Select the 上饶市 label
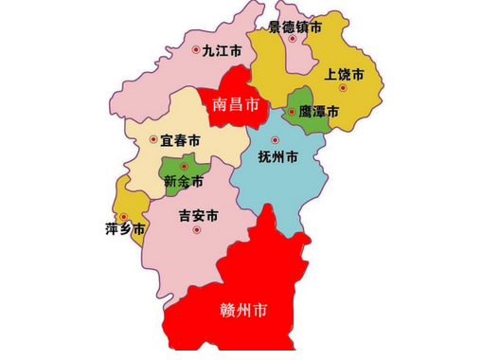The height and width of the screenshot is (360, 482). (345, 73)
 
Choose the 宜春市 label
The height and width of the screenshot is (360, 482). (180, 140)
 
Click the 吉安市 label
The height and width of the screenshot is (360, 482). (199, 216)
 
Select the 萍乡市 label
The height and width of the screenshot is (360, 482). (125, 229)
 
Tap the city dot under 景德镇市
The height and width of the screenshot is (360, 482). (287, 43)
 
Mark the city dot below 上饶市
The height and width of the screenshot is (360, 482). (345, 88)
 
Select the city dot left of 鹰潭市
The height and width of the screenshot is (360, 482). (293, 111)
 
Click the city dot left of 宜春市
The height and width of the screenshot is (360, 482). (153, 141)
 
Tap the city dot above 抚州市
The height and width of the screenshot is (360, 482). (276, 140)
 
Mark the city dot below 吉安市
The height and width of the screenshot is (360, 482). (198, 231)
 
